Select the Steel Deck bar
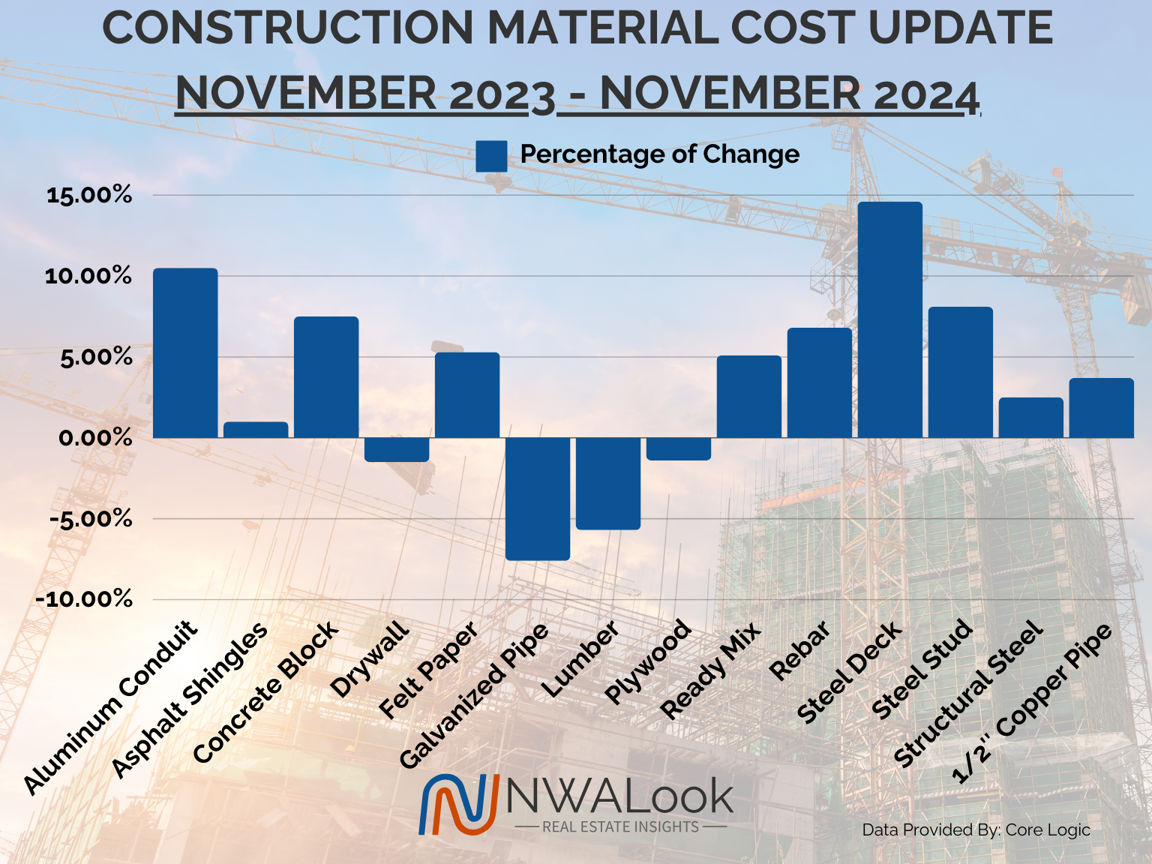889,319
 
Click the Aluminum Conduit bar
185,352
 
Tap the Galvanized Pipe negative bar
537,498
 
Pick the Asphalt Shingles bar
256,430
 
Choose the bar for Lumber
607,483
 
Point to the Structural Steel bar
1030,418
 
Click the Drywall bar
397,449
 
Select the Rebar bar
819,382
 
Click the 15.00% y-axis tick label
89,196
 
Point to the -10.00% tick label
83,599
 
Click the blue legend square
491,156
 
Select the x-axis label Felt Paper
428,670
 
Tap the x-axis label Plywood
646,661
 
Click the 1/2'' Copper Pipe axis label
1032,703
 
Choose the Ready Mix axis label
710,671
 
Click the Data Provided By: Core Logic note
976,830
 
